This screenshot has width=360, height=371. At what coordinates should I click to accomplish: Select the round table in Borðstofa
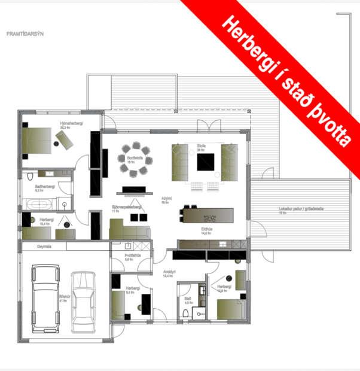coord(135,161)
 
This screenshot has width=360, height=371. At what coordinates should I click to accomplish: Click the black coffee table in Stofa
coord(208,162)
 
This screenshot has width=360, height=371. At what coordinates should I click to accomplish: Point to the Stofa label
coord(200,145)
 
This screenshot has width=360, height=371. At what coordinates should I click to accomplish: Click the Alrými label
coord(167,198)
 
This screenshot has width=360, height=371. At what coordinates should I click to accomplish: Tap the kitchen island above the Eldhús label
coord(208,214)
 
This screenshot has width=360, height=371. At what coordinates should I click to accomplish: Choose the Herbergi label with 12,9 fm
coord(224,287)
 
